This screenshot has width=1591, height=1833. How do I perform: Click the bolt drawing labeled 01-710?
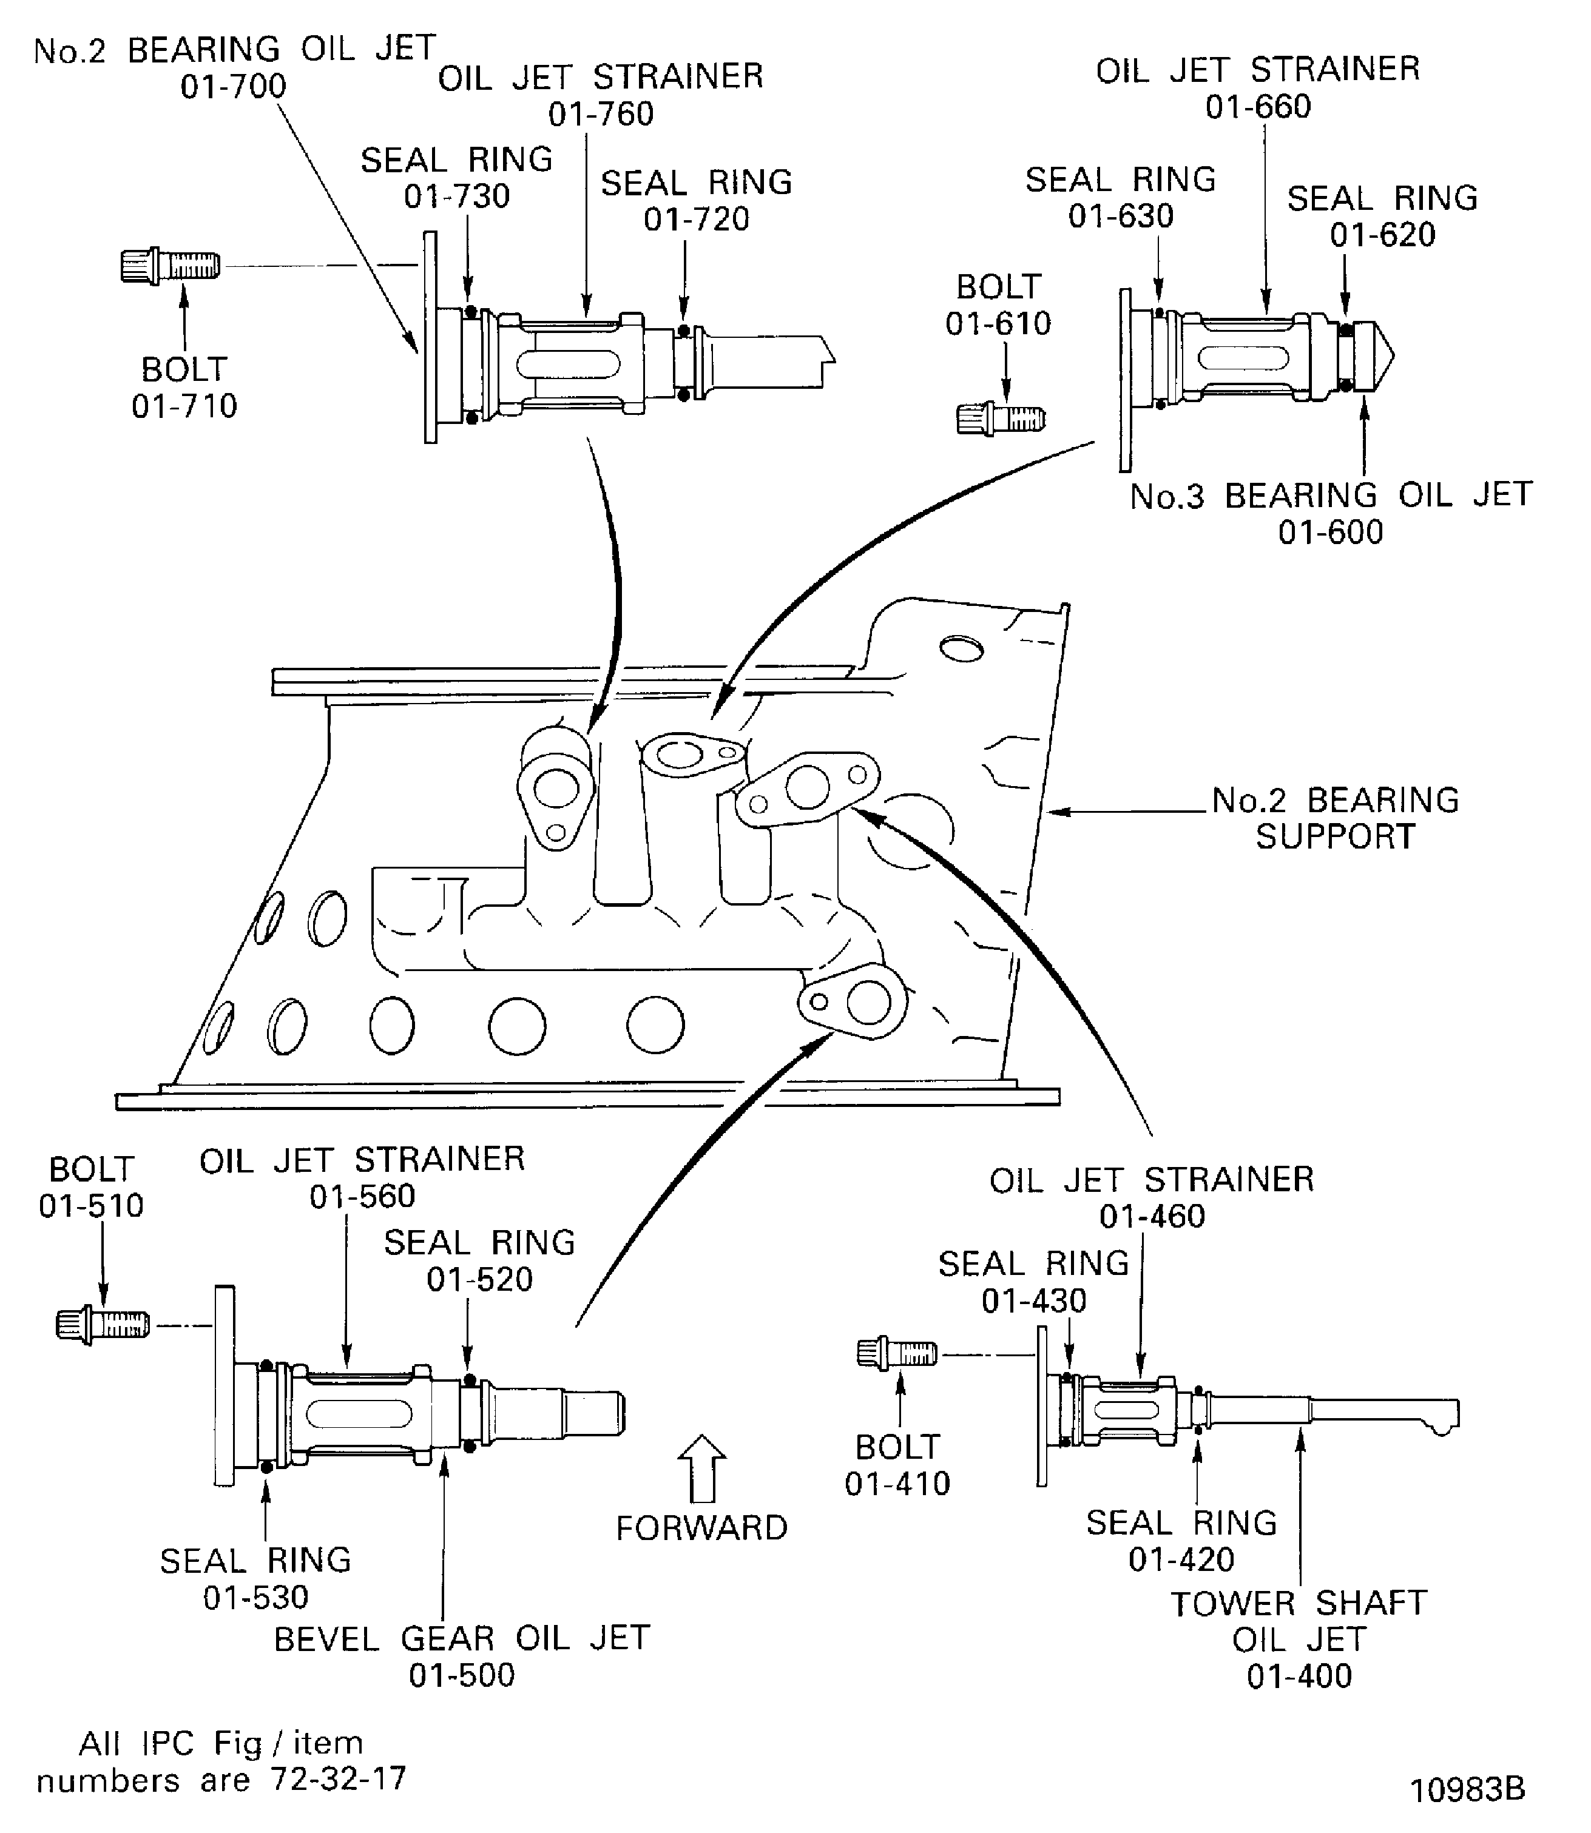click(x=169, y=266)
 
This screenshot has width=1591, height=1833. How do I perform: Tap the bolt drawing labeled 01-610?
click(x=1001, y=417)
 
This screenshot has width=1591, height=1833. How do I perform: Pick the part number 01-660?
click(x=1258, y=107)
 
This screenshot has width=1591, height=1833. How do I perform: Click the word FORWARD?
click(x=701, y=1529)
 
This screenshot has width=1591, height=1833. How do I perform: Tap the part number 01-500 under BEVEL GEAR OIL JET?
click(x=462, y=1676)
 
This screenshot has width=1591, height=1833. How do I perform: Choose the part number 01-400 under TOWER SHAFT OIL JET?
click(x=1299, y=1677)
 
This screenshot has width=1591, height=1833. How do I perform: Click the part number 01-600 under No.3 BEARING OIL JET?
click(x=1331, y=533)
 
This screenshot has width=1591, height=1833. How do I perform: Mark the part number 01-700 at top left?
click(x=234, y=87)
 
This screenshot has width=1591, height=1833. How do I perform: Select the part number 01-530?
click(x=255, y=1598)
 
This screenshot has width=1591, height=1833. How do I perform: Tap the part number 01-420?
click(x=1181, y=1559)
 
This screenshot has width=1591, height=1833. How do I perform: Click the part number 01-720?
click(x=697, y=219)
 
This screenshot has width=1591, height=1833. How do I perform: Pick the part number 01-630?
click(x=1121, y=217)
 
